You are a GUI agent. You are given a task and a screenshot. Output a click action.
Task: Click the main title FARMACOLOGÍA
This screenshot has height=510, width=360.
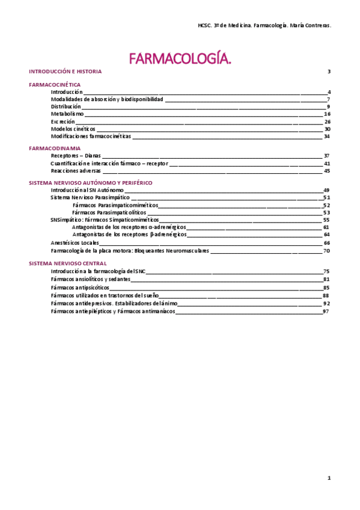point(180,58)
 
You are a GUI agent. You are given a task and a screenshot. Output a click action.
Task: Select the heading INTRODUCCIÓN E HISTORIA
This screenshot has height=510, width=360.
point(66,72)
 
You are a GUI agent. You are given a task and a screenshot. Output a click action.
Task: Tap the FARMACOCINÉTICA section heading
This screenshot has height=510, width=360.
point(55,85)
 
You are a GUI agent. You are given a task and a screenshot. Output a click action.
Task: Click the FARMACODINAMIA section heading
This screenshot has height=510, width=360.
point(55,148)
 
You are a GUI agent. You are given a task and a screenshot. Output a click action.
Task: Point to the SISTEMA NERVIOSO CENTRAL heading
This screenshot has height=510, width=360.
point(68,263)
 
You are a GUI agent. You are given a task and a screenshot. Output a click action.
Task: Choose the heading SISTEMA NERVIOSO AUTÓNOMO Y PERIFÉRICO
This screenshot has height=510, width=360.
point(91,182)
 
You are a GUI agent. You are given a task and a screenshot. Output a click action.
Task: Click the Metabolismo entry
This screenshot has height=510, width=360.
point(67,114)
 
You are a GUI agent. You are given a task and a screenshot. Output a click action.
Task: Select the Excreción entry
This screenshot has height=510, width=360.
point(63,121)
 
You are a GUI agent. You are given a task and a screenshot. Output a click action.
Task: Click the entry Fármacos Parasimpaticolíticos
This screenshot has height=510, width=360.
point(109,212)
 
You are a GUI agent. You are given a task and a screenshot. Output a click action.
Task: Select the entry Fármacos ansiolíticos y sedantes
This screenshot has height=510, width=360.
point(91,280)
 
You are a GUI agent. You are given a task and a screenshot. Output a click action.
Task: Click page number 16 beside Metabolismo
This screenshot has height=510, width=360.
point(327,114)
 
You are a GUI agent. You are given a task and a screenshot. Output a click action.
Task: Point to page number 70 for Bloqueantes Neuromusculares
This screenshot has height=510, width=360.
point(327,251)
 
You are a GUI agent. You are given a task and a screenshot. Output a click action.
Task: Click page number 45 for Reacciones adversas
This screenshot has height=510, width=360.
point(327,171)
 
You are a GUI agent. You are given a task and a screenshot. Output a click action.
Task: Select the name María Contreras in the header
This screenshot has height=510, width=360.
point(312,26)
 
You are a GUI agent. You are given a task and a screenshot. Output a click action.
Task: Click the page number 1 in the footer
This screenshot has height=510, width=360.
point(329,478)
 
